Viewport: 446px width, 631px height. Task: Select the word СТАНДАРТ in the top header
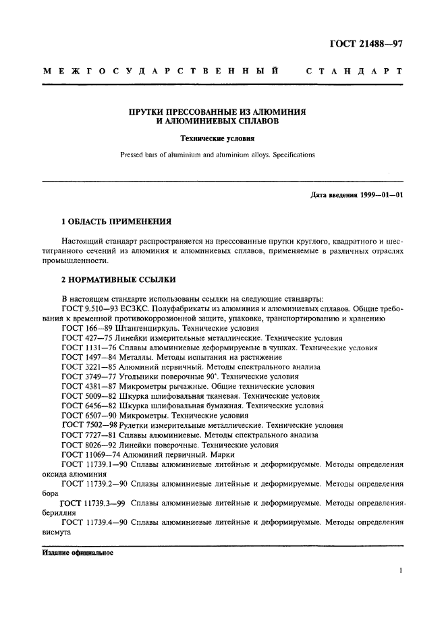354,72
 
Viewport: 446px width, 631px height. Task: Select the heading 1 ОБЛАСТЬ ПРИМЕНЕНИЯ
116,221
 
